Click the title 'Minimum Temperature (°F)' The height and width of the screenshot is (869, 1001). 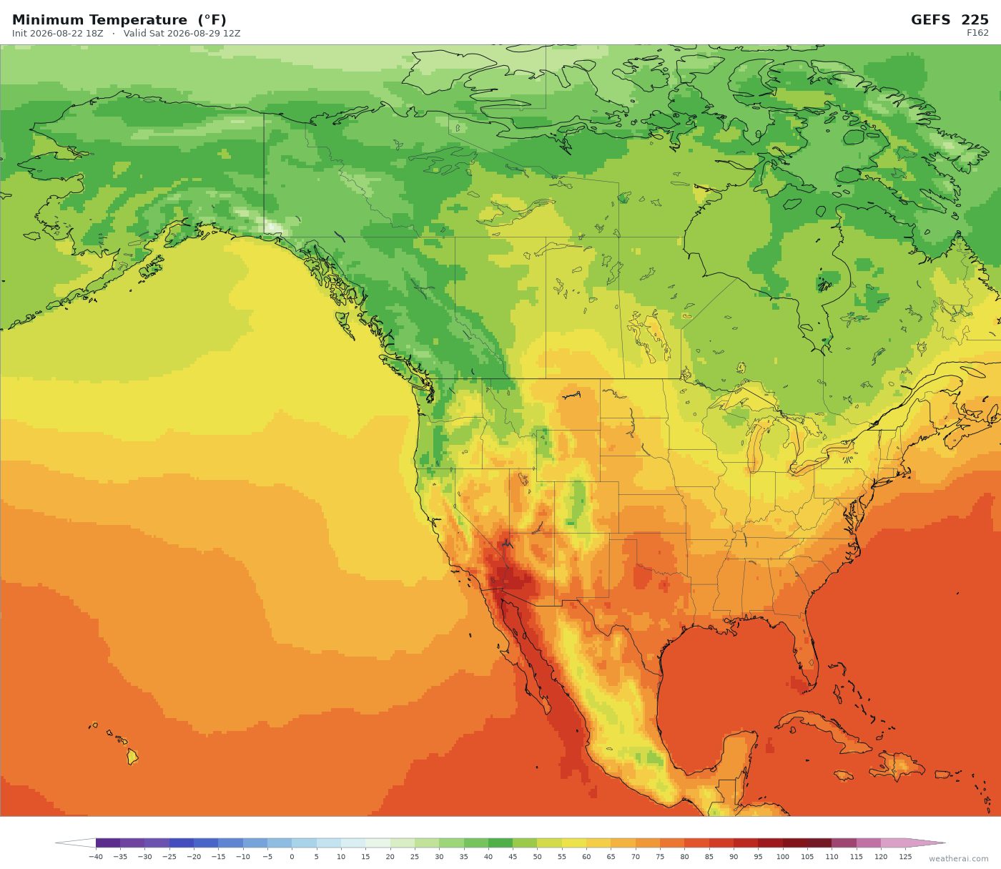coord(119,20)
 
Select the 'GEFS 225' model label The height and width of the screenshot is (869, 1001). coord(950,20)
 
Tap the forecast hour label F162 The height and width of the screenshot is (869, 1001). coord(977,33)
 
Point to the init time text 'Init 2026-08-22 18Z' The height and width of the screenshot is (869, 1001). coord(58,34)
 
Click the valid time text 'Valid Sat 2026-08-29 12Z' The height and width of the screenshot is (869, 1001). coord(182,34)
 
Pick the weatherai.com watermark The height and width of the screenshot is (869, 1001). coord(958,858)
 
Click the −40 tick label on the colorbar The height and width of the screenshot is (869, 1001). coord(95,856)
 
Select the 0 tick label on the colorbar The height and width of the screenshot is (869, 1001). coord(292,856)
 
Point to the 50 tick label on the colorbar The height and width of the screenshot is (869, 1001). coord(537,856)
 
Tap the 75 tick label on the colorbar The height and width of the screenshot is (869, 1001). coord(660,856)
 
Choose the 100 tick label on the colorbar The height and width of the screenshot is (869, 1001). coord(783,856)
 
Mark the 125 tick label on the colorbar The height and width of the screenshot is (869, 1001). coord(906,856)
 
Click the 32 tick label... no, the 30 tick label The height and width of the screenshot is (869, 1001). coord(439,856)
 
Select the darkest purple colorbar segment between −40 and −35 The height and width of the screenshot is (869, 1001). coord(108,843)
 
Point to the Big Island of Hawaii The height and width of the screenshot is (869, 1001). coord(132,757)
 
